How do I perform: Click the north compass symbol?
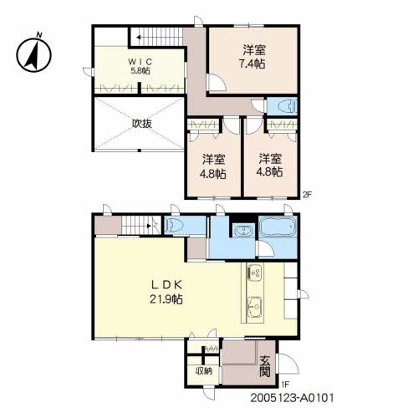pyautogui.click(x=33, y=53)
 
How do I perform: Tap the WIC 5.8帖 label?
pyautogui.click(x=140, y=66)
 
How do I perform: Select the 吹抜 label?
pyautogui.click(x=142, y=124)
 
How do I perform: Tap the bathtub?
pyautogui.click(x=278, y=227)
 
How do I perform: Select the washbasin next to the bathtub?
pyautogui.click(x=244, y=230)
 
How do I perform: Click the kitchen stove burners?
pyautogui.click(x=254, y=272)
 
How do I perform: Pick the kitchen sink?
pyautogui.click(x=255, y=308)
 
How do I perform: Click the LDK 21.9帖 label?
pyautogui.click(x=166, y=292)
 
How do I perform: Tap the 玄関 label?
pyautogui.click(x=265, y=367)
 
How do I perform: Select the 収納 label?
pyautogui.click(x=204, y=371)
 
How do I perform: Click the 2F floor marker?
pyautogui.click(x=307, y=195)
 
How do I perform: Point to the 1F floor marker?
pyautogui.click(x=285, y=385)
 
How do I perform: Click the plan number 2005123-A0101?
pyautogui.click(x=292, y=398)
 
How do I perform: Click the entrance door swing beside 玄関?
pyautogui.click(x=288, y=364)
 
